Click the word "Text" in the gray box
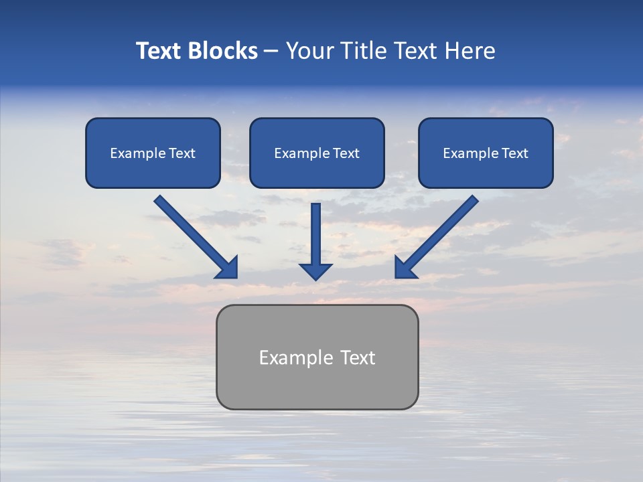coord(358,357)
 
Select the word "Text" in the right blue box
coord(515,153)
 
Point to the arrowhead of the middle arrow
coord(316,270)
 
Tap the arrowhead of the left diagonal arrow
coord(228,268)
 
